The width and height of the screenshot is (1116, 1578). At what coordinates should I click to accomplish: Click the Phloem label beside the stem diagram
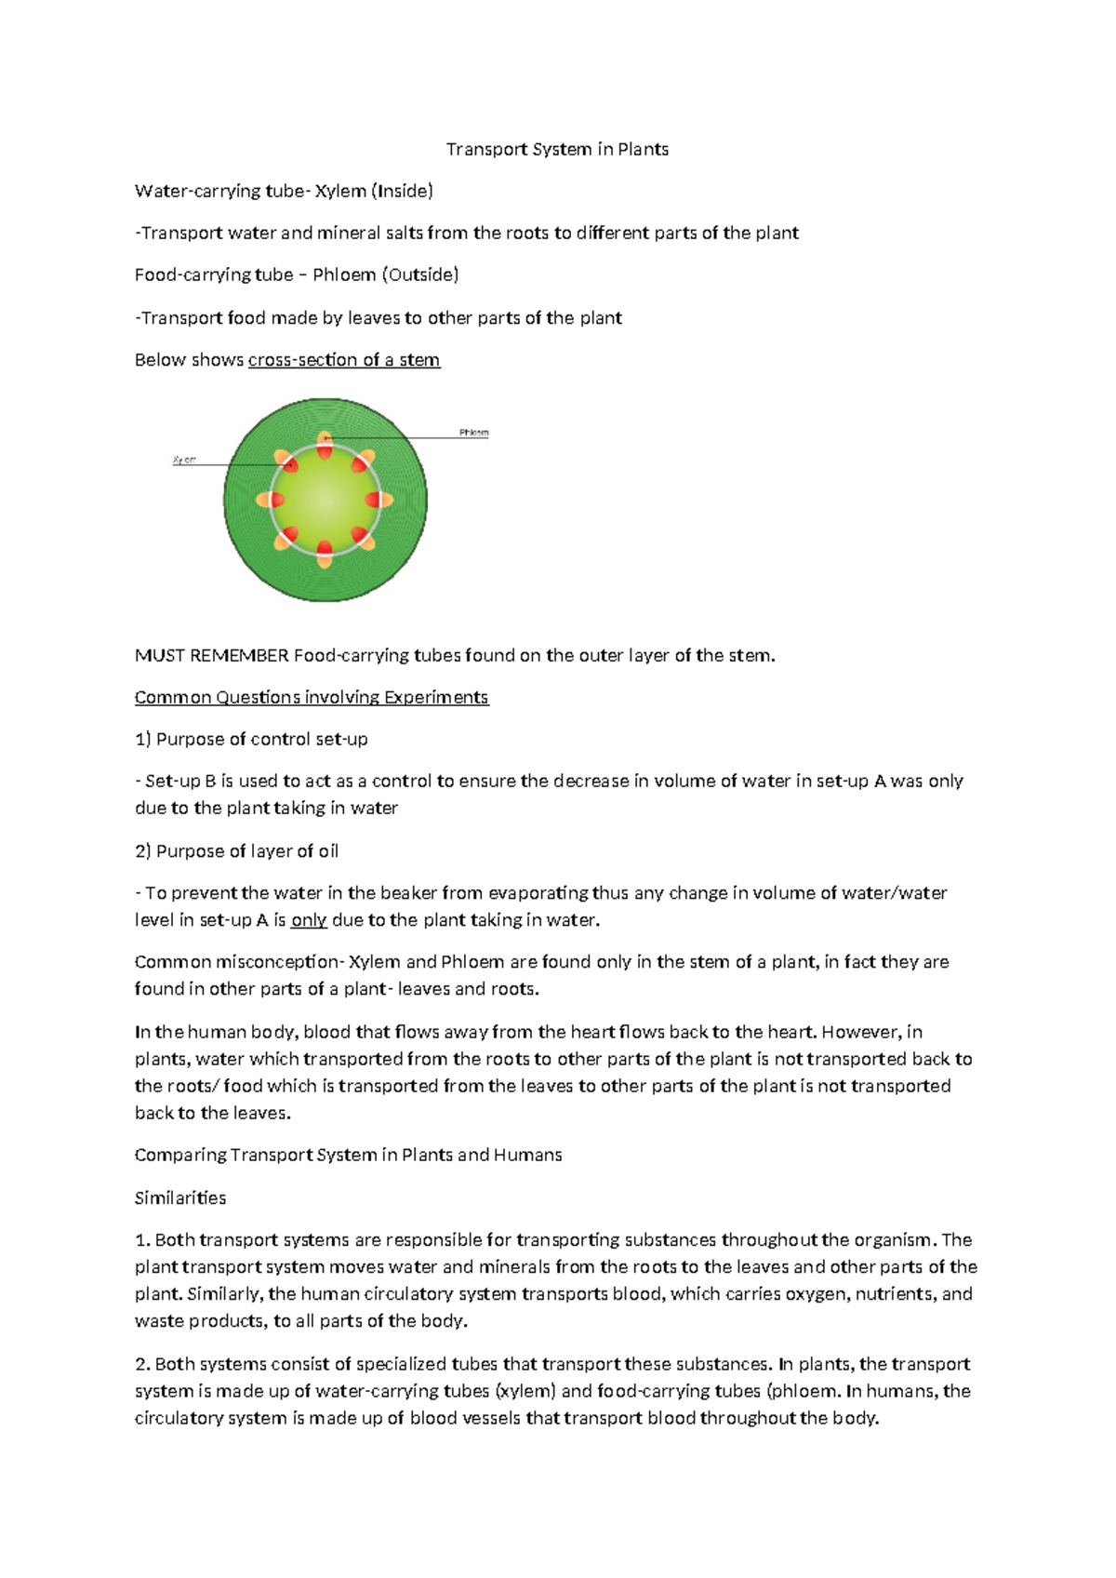click(x=473, y=433)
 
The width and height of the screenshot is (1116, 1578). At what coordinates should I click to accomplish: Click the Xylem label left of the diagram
click(x=184, y=460)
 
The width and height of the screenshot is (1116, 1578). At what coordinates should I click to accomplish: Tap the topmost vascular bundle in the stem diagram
click(x=325, y=444)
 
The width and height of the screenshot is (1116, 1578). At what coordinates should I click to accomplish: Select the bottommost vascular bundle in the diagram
click(x=325, y=554)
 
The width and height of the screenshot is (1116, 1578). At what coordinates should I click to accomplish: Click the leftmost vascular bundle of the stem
click(x=271, y=500)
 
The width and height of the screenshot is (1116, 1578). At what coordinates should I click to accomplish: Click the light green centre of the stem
click(x=325, y=500)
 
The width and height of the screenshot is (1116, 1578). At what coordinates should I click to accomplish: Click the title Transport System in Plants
click(x=557, y=149)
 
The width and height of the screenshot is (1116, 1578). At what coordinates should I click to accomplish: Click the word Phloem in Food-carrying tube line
click(x=344, y=274)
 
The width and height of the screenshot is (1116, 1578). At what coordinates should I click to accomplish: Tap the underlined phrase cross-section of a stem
click(x=344, y=359)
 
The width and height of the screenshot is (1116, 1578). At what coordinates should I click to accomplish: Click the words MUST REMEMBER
click(x=212, y=655)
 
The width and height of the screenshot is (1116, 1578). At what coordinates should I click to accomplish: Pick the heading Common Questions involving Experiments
click(x=312, y=697)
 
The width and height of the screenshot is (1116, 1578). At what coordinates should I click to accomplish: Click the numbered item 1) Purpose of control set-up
click(x=251, y=739)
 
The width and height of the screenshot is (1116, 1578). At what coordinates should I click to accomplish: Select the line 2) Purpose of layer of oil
click(x=236, y=850)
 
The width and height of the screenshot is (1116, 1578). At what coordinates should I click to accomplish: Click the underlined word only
click(x=309, y=920)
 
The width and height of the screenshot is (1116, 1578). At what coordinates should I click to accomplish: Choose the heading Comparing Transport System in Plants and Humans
click(x=348, y=1155)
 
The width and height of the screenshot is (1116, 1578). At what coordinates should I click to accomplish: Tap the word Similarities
click(x=180, y=1197)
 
